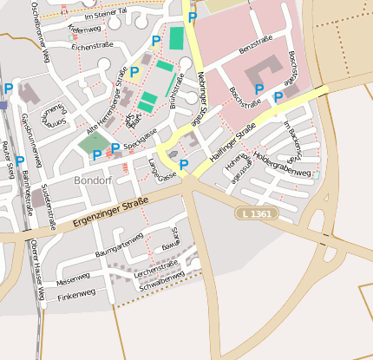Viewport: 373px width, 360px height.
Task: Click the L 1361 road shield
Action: pyautogui.click(x=256, y=213)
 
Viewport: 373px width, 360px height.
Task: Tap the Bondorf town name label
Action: pyautogui.click(x=94, y=180)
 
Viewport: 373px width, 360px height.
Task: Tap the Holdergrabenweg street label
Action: pyautogui.click(x=282, y=163)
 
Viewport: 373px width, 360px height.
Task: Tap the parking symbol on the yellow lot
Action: pyautogui.click(x=134, y=72)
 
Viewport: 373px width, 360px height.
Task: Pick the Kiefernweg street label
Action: pyautogui.click(x=84, y=30)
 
